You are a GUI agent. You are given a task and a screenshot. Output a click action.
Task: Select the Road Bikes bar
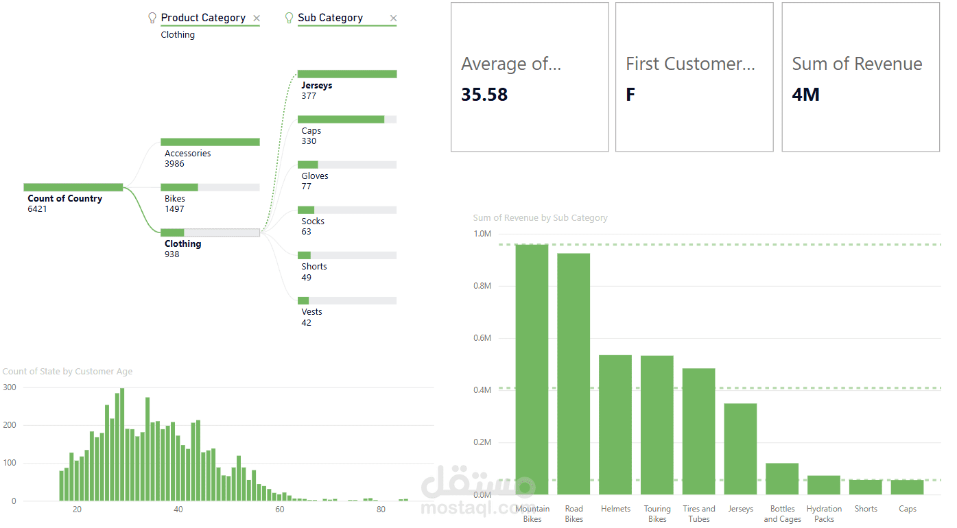click(x=574, y=374)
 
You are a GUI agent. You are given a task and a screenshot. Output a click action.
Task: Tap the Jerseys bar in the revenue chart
click(x=740, y=448)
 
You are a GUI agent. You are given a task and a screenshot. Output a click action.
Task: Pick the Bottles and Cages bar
click(x=782, y=479)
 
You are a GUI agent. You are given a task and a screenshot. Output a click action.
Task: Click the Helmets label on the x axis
click(x=615, y=509)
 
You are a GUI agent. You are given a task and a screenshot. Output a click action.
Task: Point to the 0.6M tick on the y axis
click(x=482, y=338)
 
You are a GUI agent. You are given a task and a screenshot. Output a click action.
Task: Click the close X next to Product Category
click(x=257, y=19)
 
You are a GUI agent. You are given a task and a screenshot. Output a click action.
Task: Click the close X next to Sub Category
click(x=393, y=19)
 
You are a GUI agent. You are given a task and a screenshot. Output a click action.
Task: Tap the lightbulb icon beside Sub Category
click(x=289, y=18)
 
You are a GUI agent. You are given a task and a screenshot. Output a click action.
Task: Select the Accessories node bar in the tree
click(x=210, y=142)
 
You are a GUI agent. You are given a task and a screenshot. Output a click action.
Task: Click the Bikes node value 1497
click(x=174, y=209)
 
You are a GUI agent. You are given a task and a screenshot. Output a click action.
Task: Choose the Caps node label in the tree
click(x=311, y=131)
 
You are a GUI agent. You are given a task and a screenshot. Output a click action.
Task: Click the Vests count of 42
click(x=306, y=323)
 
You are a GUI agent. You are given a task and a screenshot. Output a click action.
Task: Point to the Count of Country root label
click(x=64, y=199)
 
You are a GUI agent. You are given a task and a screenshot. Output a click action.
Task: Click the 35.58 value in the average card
click(x=484, y=95)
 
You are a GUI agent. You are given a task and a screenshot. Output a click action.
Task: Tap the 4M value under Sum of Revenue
click(x=805, y=95)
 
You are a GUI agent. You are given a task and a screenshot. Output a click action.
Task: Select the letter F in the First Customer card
click(x=630, y=95)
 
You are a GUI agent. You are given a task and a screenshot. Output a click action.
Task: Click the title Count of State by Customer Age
click(x=67, y=372)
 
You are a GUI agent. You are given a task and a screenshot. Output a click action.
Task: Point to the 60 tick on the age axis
click(x=279, y=509)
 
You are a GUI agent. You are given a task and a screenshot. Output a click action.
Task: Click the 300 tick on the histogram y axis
click(x=10, y=387)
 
